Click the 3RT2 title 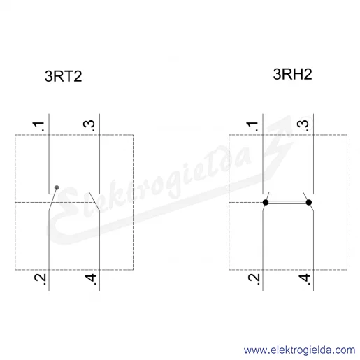coord(63,76)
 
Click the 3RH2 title coord(292,74)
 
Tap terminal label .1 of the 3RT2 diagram coord(39,126)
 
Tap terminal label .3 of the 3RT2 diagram coord(89,126)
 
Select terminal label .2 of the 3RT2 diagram coord(41,279)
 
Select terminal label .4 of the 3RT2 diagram coord(91,279)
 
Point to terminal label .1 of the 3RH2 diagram coord(252,126)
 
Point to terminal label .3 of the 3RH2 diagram coord(303,126)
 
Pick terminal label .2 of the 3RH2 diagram coord(254,279)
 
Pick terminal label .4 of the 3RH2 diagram coord(305,279)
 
